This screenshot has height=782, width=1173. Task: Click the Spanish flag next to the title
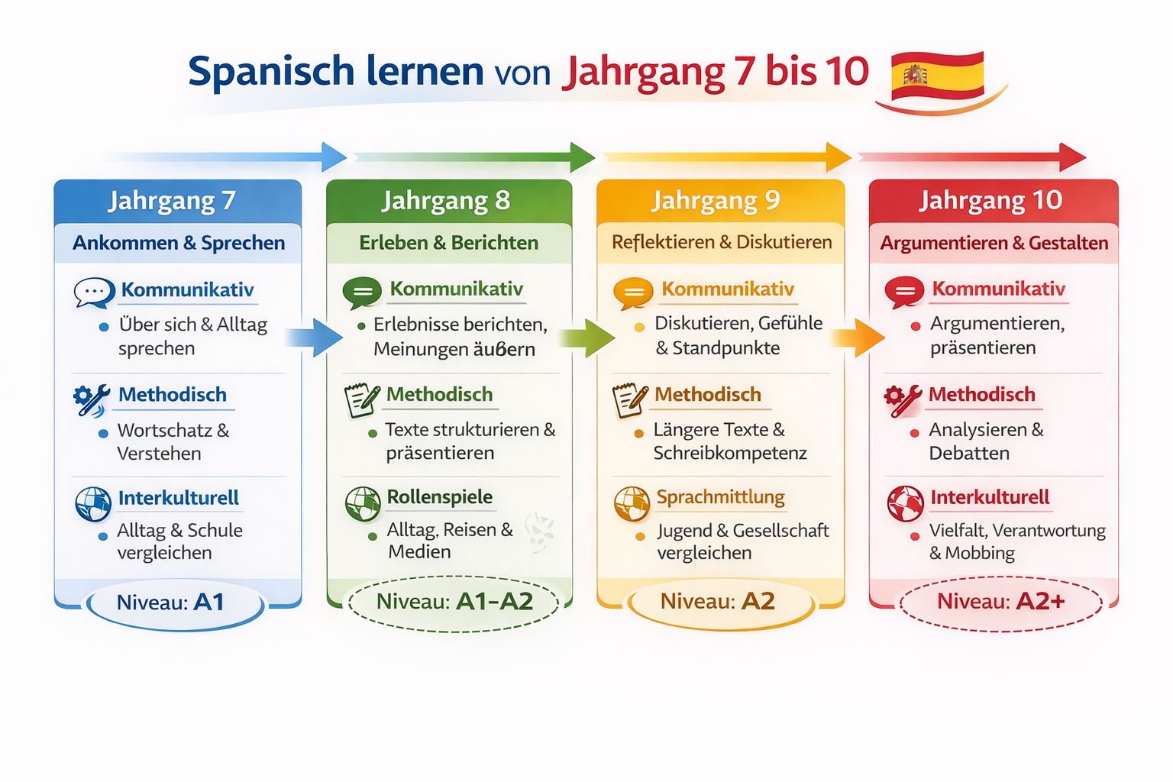937,76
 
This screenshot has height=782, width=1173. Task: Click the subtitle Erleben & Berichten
449,243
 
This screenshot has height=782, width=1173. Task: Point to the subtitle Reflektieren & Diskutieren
722,243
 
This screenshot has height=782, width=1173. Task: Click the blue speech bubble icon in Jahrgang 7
94,292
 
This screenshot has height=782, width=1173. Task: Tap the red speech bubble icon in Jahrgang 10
904,292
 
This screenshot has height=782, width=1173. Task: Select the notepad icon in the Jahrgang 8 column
362,400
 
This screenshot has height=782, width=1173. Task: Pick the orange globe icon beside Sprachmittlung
632,504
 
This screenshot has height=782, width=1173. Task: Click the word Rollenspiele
440,497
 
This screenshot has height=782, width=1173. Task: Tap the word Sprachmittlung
721,497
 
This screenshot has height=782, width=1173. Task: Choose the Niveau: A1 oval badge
175,604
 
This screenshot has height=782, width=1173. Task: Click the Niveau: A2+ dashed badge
1000,603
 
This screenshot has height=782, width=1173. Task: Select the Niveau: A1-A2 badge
454,603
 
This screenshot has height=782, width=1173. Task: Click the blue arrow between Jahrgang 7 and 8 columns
314,338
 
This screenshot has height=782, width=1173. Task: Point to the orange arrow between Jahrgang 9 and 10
858,338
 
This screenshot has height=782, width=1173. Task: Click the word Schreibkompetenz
730,454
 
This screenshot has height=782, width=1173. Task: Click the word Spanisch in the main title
271,72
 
